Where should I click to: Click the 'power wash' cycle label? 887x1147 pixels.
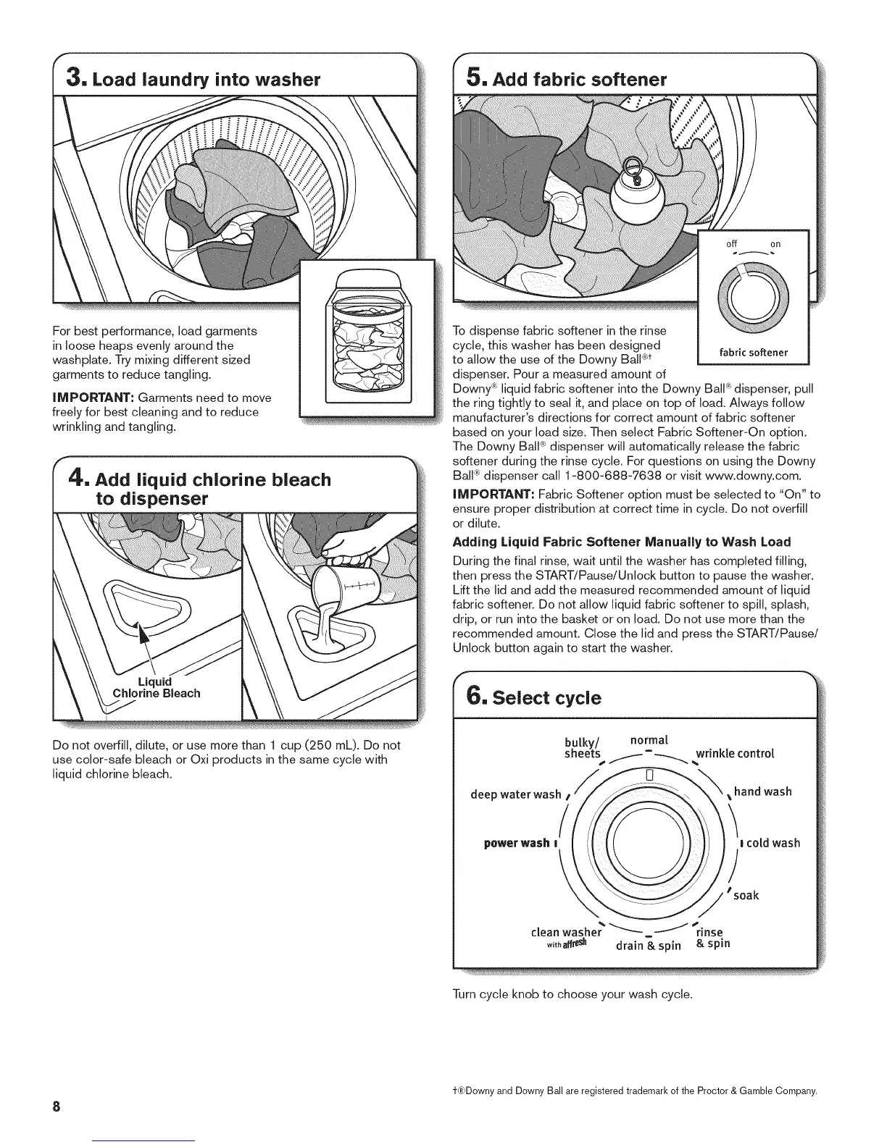coord(517,843)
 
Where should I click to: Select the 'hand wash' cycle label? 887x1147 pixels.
coord(762,791)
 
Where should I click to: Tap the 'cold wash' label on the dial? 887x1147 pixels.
coord(772,843)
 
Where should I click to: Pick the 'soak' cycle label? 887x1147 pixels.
coord(746,896)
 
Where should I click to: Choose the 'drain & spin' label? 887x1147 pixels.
coord(648,945)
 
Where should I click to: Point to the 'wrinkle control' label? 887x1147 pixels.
coord(735,753)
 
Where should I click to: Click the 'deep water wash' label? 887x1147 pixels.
coord(515,794)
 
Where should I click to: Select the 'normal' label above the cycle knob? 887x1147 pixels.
coord(649,739)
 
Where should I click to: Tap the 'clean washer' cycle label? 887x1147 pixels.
coord(567,932)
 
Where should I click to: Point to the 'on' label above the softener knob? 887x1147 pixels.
coord(775,245)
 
